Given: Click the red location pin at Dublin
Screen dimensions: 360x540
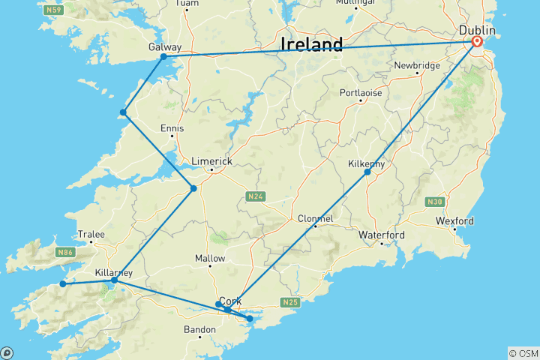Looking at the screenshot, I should pos(476,42).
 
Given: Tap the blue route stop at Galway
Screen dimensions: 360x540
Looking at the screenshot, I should pos(163,56).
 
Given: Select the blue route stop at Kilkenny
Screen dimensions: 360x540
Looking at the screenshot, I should pos(367,172).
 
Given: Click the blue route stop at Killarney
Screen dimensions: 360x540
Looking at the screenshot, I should pos(114,280).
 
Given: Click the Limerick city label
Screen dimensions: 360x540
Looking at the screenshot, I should pos(212,161).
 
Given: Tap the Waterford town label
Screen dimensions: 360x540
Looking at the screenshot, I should pos(381,235).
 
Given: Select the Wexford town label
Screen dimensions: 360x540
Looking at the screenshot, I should pos(454,221).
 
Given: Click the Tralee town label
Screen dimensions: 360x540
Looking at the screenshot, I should pos(91,234).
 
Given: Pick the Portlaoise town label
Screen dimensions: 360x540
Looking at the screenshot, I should pos(360,92).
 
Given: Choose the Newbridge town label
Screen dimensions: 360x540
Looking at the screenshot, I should pos(417,65).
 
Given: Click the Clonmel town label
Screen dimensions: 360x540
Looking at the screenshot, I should pos(315,218).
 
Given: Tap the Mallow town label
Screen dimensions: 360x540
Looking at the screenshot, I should pos(210,258).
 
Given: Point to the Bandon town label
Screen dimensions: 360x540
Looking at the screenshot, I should pos(199,329).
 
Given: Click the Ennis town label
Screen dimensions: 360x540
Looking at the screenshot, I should pos(172,128).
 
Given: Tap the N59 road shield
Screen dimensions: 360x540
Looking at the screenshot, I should pos(52,10).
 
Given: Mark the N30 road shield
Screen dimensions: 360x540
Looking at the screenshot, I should pos(434,202).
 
